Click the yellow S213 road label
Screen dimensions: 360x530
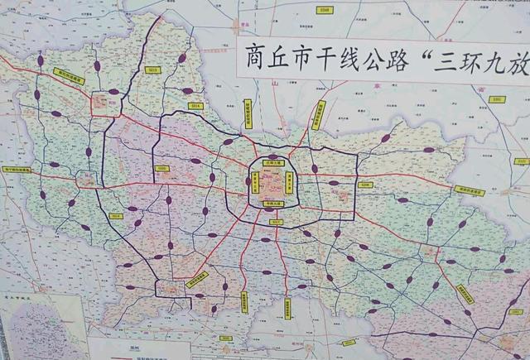(x=152, y=70)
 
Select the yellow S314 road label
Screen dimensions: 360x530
(x=195, y=106)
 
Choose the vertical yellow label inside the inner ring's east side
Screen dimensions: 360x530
(x=289, y=182)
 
